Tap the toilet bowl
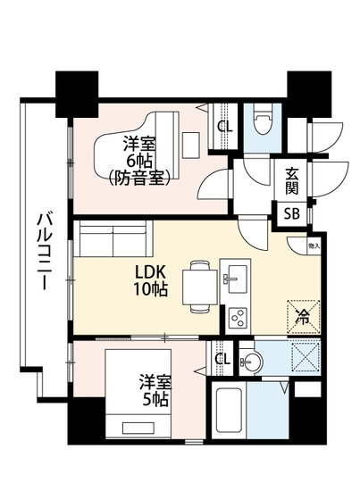[263, 123]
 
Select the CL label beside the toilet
[225, 126]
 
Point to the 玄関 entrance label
[292, 182]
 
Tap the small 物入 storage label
[314, 244]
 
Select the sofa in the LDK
[113, 239]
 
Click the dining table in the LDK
[199, 287]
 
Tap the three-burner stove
[238, 316]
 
